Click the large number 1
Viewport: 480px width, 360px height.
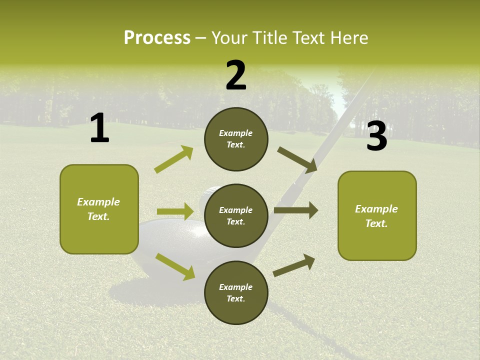tap(99, 128)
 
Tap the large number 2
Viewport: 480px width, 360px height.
tap(236, 75)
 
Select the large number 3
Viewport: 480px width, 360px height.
tap(376, 136)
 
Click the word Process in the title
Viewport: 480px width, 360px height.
tap(157, 37)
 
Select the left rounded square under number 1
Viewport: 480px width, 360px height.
tap(99, 209)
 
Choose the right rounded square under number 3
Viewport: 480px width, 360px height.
tap(377, 215)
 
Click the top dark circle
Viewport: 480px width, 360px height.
tap(236, 139)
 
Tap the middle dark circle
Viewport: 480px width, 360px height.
tap(236, 215)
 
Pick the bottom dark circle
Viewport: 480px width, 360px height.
tap(236, 292)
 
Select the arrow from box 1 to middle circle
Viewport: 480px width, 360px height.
tap(175, 211)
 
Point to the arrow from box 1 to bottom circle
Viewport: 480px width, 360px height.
tap(175, 266)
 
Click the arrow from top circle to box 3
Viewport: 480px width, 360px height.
tap(297, 160)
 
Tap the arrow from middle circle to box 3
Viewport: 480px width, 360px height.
tap(296, 210)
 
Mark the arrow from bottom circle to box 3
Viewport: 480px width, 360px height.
tap(294, 265)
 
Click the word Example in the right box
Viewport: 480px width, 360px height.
tap(376, 209)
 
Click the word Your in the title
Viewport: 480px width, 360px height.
tap(229, 37)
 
